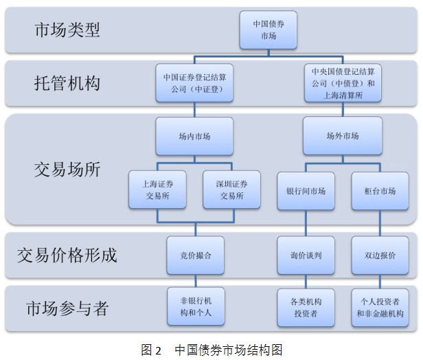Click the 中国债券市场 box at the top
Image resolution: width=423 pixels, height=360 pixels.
[268, 30]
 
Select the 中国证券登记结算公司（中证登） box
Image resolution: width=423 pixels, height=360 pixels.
[195, 83]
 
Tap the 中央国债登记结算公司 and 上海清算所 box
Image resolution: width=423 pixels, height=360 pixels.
[342, 83]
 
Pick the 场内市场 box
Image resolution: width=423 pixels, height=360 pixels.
[195, 136]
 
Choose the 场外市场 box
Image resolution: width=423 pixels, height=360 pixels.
[342, 136]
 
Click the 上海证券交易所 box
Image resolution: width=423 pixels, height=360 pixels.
[158, 190]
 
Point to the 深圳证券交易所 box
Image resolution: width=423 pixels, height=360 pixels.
[232, 190]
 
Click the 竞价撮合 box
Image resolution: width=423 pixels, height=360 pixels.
[195, 255]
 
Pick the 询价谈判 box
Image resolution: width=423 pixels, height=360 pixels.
[306, 255]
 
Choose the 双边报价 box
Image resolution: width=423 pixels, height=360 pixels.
[379, 255]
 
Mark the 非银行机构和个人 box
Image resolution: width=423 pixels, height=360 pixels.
[195, 306]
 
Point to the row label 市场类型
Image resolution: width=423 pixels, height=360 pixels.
[67, 30]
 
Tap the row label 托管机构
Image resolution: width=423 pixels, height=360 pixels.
[67, 83]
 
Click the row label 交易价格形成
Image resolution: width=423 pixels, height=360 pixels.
[67, 255]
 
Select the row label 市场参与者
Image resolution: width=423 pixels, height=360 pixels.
[67, 307]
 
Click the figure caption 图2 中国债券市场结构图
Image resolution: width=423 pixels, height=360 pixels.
[211, 349]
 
